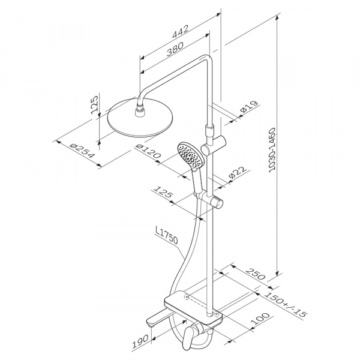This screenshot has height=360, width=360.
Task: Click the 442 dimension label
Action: [181, 31]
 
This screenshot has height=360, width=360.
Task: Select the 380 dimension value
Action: [175, 49]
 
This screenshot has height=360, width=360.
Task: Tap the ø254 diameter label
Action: [82, 151]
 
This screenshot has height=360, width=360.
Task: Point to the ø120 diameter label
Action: [148, 151]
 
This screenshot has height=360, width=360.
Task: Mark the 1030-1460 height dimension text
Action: [272, 149]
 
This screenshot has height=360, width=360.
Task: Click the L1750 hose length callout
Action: [166, 235]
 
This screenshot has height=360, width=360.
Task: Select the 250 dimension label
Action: [256, 274]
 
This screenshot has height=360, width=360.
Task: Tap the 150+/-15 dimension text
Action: [285, 304]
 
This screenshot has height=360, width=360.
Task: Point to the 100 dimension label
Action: [260, 318]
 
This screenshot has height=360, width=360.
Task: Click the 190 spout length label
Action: [140, 341]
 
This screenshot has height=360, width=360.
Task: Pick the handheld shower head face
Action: [190, 154]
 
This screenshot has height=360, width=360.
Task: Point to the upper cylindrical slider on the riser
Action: [214, 145]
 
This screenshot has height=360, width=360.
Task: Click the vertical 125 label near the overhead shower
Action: [95, 104]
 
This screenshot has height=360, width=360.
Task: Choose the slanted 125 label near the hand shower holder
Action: [163, 192]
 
